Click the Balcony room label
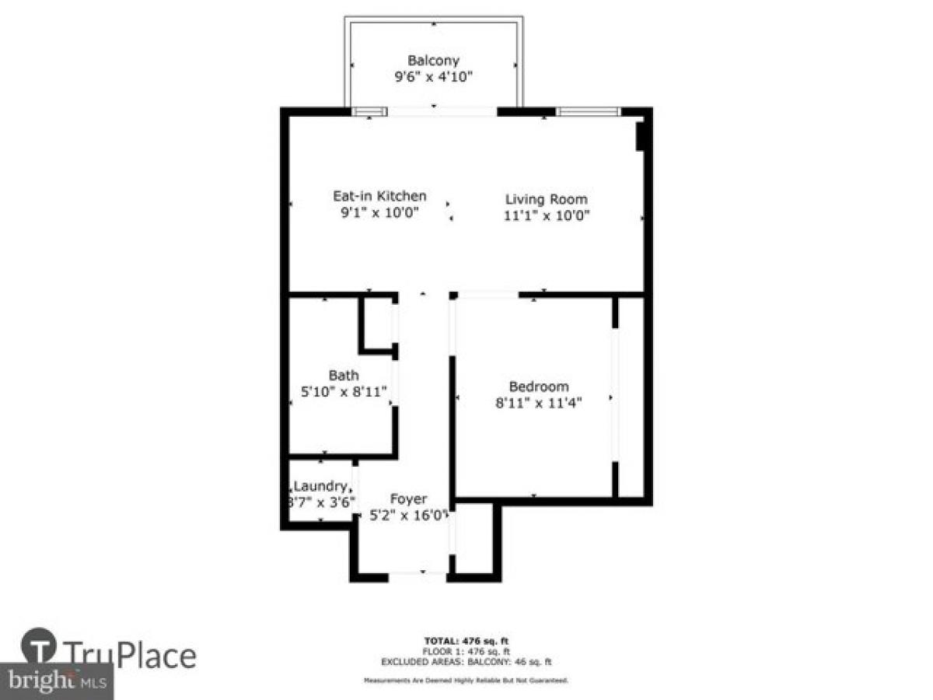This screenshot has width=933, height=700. [434, 60]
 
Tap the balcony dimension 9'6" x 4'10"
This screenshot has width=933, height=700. [434, 77]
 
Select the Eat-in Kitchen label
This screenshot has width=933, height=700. [379, 196]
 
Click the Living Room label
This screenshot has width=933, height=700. [547, 199]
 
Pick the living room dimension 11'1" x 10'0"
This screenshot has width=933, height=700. [547, 216]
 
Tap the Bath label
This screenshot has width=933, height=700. [344, 376]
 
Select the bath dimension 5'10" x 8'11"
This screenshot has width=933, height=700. [344, 392]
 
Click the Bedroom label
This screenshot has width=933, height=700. [538, 386]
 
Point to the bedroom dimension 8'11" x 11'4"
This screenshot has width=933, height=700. [538, 403]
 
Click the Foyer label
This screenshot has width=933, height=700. [408, 499]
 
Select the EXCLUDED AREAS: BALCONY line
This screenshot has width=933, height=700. [466, 662]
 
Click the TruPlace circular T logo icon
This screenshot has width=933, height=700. [38, 646]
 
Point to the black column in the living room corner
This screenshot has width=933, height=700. [641, 135]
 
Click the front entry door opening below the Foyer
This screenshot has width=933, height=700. [418, 576]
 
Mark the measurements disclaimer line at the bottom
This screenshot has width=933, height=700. [466, 681]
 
